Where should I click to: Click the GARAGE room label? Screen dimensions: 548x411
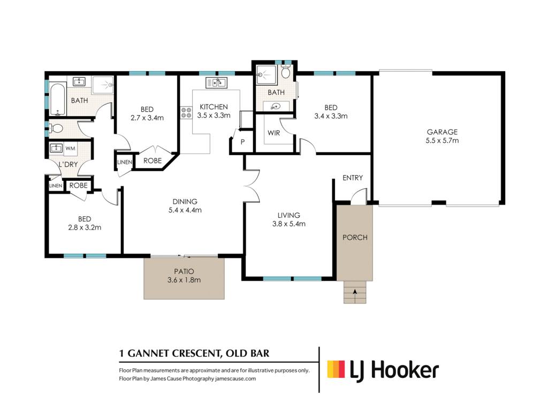click(x=442, y=132)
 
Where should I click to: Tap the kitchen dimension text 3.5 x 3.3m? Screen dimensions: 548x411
click(x=214, y=116)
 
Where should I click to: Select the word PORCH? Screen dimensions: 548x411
click(x=355, y=238)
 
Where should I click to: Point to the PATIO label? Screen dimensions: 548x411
click(x=184, y=271)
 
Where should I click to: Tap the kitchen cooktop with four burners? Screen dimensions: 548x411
click(x=186, y=112)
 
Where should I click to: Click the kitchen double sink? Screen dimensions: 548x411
click(x=216, y=83)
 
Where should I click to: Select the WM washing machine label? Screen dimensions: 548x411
click(x=70, y=148)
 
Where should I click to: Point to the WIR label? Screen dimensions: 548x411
click(x=273, y=133)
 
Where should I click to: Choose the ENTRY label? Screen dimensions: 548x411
click(x=353, y=178)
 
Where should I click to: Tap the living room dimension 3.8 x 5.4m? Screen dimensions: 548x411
click(x=288, y=224)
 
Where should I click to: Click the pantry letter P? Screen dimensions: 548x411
click(x=242, y=142)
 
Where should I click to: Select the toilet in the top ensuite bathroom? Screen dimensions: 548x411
click(x=286, y=72)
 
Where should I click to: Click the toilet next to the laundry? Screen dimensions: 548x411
click(x=56, y=129)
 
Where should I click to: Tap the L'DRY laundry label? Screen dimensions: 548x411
click(x=68, y=164)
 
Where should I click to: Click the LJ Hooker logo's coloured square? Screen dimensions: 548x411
click(x=336, y=369)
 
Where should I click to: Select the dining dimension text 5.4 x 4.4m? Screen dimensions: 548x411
click(x=185, y=210)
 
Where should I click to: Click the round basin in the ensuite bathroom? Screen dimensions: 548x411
click(x=276, y=107)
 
